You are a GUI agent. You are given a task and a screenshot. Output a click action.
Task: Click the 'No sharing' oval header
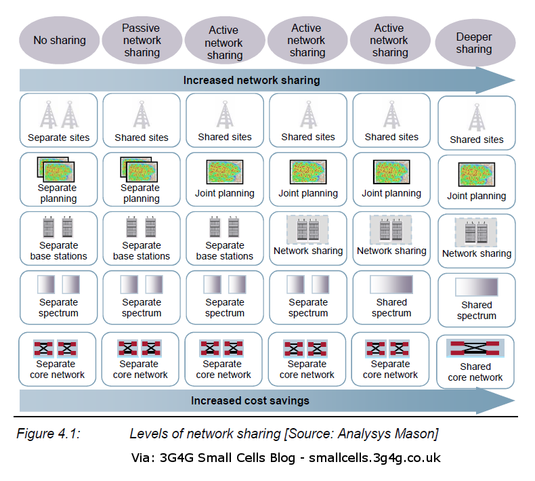[60, 41]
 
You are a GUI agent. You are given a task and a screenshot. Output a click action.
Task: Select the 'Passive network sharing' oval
[142, 41]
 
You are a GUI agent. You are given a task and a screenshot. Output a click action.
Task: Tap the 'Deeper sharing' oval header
[474, 43]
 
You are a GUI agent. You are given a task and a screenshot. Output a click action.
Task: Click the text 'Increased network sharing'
[251, 81]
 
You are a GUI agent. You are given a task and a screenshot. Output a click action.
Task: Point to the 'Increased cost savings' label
[250, 400]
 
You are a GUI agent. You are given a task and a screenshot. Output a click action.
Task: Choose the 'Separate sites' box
[59, 121]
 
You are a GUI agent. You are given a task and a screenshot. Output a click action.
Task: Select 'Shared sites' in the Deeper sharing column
[477, 123]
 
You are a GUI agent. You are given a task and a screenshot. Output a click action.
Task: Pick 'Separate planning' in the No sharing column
[59, 179]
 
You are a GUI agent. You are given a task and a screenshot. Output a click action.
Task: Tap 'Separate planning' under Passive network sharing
[142, 179]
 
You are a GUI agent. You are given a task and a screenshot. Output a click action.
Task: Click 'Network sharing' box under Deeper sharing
[477, 239]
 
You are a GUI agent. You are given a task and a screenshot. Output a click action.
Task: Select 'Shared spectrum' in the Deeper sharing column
[477, 296]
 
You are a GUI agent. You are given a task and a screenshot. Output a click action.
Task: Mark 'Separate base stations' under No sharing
[59, 237]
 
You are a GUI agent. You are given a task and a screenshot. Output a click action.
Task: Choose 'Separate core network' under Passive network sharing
[142, 358]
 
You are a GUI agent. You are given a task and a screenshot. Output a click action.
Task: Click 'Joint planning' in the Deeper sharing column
[477, 180]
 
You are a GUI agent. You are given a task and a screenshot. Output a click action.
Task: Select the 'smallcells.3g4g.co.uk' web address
[374, 458]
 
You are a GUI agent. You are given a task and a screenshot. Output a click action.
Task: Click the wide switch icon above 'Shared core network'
[475, 348]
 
